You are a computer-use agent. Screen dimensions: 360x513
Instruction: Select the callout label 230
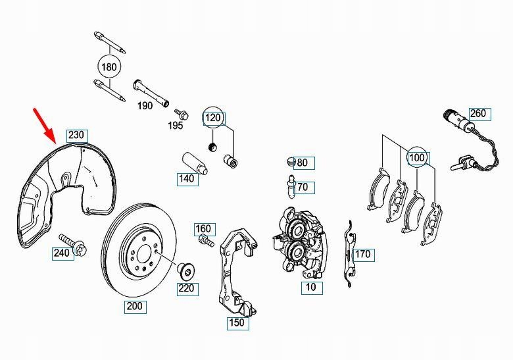76,136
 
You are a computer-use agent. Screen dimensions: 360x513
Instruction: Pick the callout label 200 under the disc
135,306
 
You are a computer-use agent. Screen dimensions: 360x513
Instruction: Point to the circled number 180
110,66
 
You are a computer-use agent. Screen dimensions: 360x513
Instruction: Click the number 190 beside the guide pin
145,105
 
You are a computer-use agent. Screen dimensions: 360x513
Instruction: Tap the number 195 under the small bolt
176,125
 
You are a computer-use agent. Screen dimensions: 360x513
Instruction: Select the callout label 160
204,230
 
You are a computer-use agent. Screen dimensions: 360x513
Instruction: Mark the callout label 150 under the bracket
236,322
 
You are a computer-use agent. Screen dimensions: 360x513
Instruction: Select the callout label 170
362,254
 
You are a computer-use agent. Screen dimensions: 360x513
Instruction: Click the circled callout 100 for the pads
417,158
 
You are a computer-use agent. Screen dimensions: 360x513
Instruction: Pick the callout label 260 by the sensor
477,114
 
